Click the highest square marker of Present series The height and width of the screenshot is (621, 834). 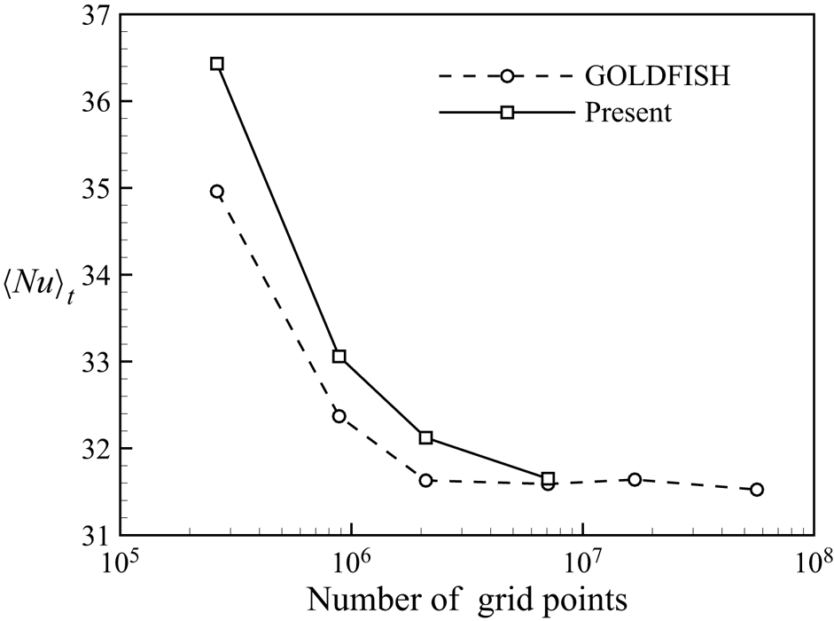coord(217,64)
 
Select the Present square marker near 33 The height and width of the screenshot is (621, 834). coord(339,357)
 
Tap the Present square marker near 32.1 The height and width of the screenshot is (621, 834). coord(425,437)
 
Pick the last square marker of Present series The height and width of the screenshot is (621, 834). coord(548,479)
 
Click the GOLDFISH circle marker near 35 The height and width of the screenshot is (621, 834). coord(217,192)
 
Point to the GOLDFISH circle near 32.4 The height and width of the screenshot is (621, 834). coord(339,416)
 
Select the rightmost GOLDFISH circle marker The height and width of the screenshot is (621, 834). coord(757,490)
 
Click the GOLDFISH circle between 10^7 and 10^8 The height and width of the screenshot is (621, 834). coord(635,480)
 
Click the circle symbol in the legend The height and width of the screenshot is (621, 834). coord(507,76)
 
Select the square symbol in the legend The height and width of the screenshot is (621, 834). coord(507,113)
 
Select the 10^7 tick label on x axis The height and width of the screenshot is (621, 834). coord(581,563)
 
